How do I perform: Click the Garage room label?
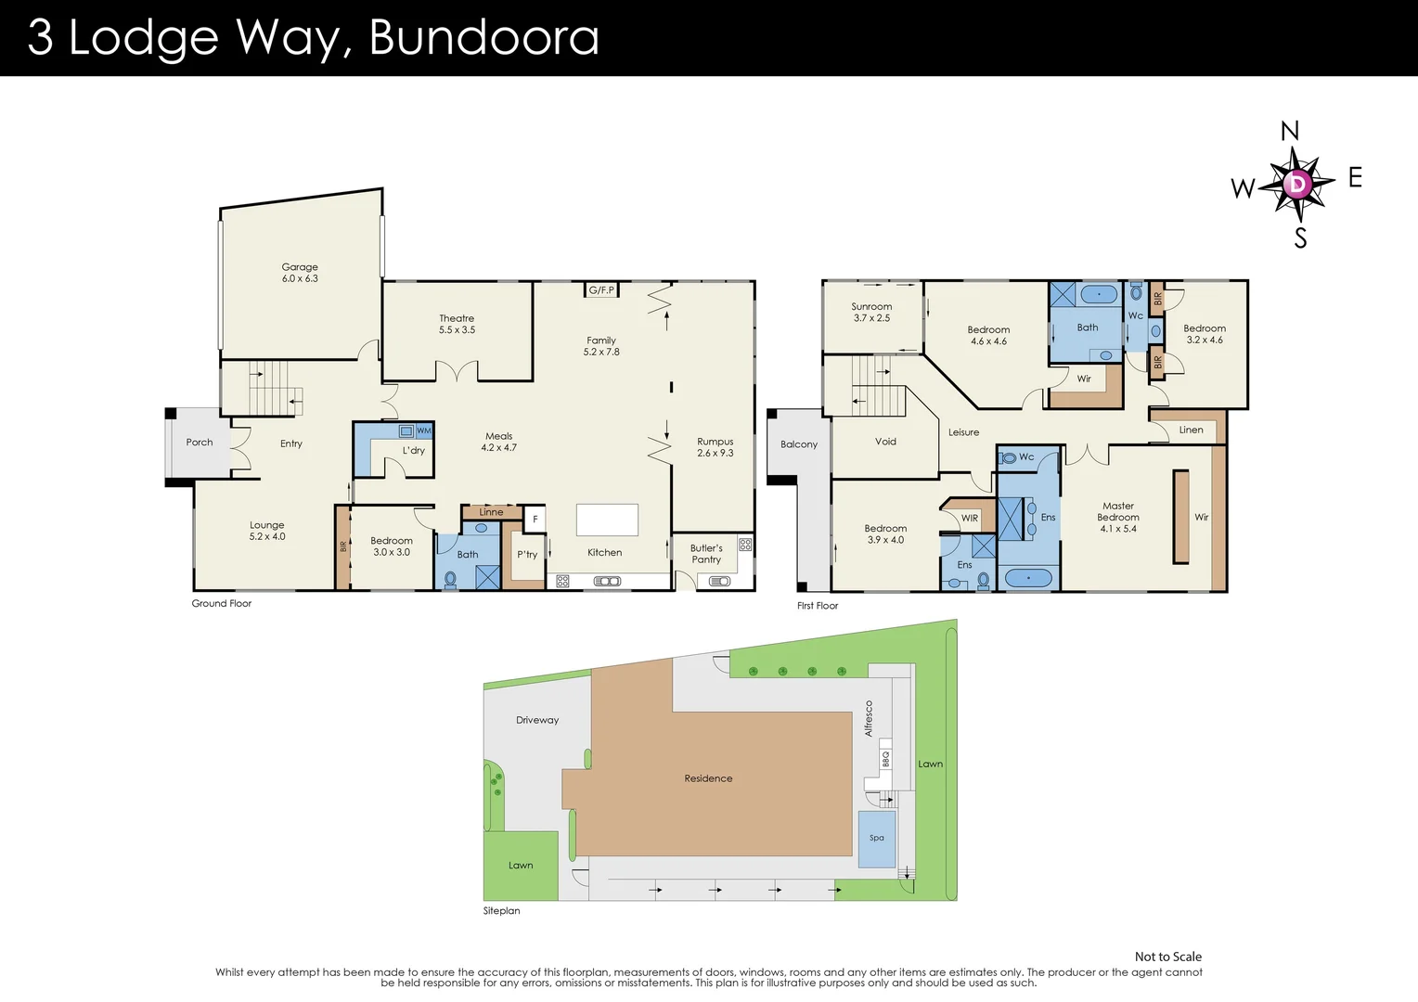pos(300,273)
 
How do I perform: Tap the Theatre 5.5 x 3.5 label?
pos(457,324)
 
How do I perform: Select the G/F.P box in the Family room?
pos(601,290)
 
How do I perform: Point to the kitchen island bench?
pos(607,520)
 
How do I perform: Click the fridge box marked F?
pos(535,520)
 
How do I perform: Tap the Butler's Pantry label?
pos(706,554)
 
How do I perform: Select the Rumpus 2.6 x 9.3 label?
pos(715,447)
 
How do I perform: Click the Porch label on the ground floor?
pos(200,443)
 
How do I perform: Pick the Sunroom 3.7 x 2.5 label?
pos(871,312)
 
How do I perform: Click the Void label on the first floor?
pos(885,442)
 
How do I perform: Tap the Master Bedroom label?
pos(1118,517)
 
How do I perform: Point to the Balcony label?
pos(799,444)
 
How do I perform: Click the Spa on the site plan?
pos(877,838)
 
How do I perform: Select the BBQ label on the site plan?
pos(885,759)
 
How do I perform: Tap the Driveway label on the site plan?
pos(537,720)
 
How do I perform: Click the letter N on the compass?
pos(1290,131)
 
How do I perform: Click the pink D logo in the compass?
pos(1297,184)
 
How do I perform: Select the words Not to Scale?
pos(1167,957)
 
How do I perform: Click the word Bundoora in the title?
pos(483,37)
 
